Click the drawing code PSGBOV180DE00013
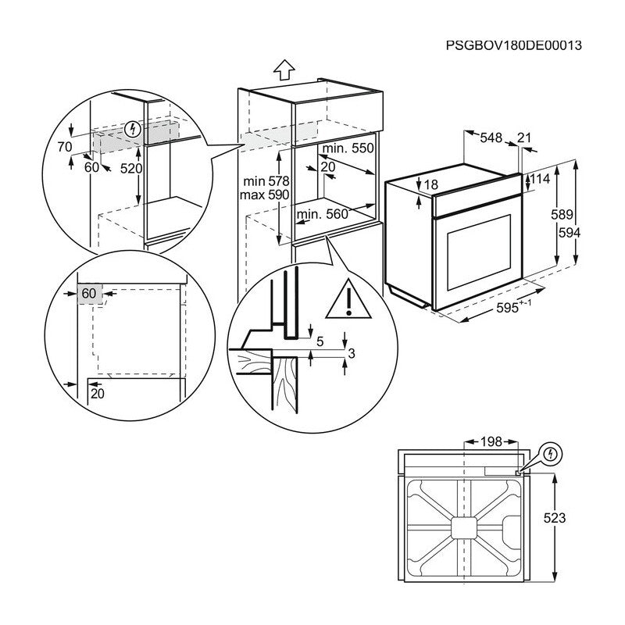[x=514, y=46]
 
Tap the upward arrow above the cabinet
[x=286, y=71]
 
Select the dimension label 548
[x=491, y=137]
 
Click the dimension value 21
[x=524, y=137]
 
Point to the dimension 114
[x=541, y=179]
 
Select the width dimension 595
[x=509, y=308]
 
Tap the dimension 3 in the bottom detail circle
[x=351, y=354]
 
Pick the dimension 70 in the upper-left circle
[x=63, y=146]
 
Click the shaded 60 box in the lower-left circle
[x=89, y=293]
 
